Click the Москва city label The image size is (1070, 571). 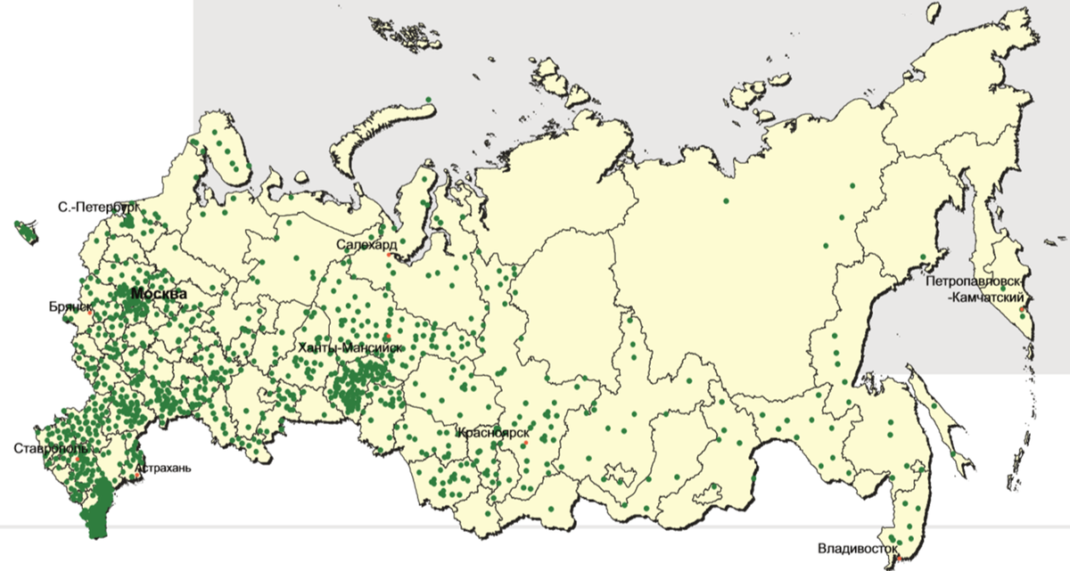159,293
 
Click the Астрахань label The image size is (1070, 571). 166,467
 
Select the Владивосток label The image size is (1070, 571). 856,549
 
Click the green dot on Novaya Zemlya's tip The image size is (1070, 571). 429,99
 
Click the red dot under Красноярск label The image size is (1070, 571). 525,443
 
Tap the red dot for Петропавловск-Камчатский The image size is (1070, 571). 1021,309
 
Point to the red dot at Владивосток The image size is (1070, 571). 899,559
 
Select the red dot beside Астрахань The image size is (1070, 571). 136,476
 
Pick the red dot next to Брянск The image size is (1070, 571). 91,313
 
